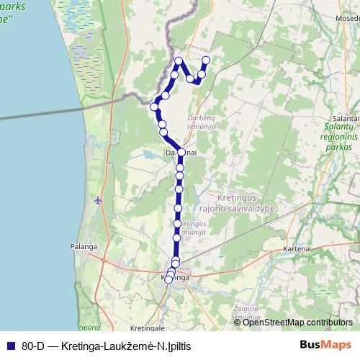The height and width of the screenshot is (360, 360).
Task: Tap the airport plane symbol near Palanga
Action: pos(98,200)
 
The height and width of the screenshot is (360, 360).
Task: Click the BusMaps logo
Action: pos(325,344)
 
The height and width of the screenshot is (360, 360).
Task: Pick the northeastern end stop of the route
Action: pos(206,60)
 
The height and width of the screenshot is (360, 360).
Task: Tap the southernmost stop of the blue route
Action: pos(168,280)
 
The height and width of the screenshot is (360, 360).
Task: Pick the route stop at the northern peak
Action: pos(179,60)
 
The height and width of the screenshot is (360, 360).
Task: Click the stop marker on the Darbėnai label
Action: pos(181,152)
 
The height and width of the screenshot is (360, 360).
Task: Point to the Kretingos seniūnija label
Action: pos(194,229)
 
